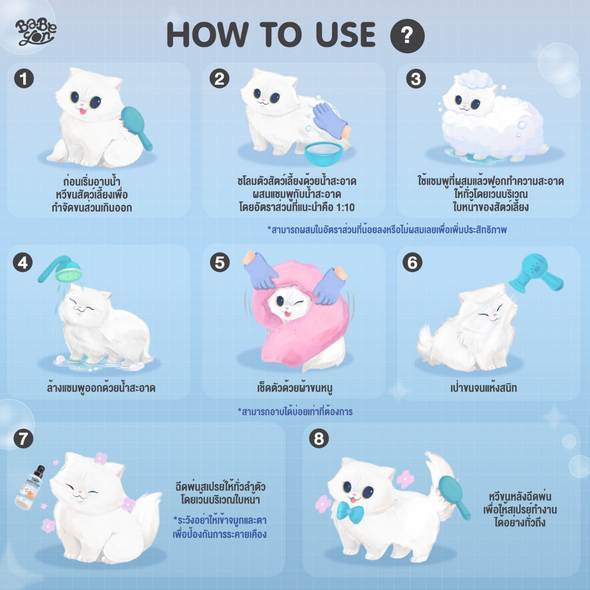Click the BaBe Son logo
pos(35,32)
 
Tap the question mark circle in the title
pos(407,36)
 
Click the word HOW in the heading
pos(208,34)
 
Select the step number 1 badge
pos(24,78)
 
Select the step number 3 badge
pos(416,79)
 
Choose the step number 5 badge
pos(220,262)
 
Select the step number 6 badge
pos(413,262)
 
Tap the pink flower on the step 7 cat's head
pos(101,458)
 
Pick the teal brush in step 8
pos(455,496)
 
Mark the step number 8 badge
pos(319,438)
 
